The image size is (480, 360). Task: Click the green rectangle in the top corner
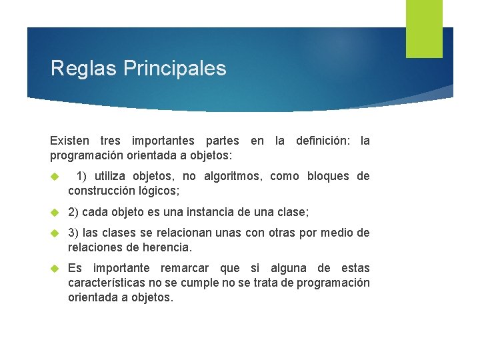424,28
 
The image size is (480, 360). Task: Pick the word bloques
329,176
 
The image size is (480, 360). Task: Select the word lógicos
159,191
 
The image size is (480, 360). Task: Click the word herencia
168,247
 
